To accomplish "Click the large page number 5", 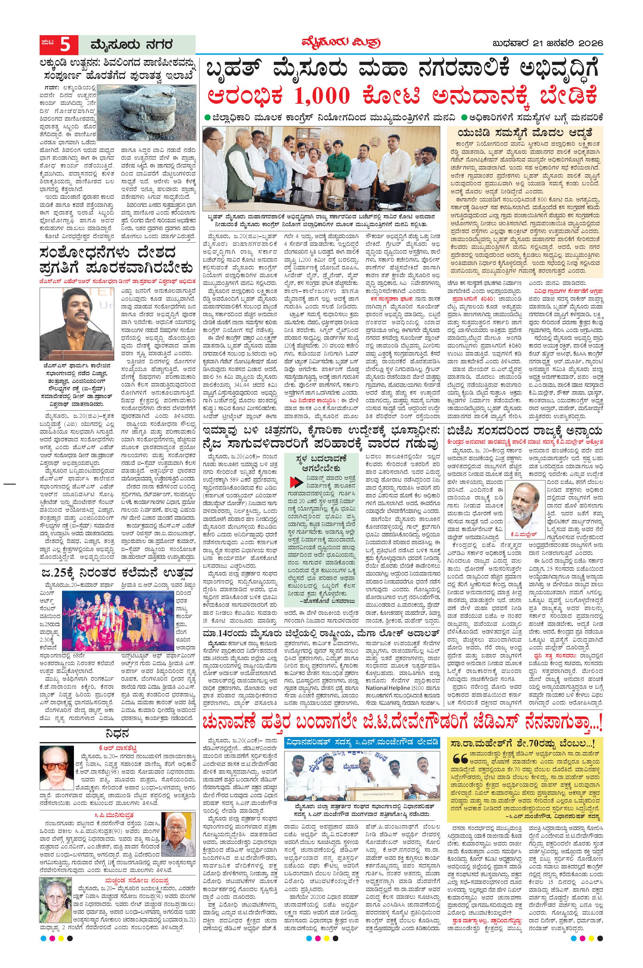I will tap(65, 45).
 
